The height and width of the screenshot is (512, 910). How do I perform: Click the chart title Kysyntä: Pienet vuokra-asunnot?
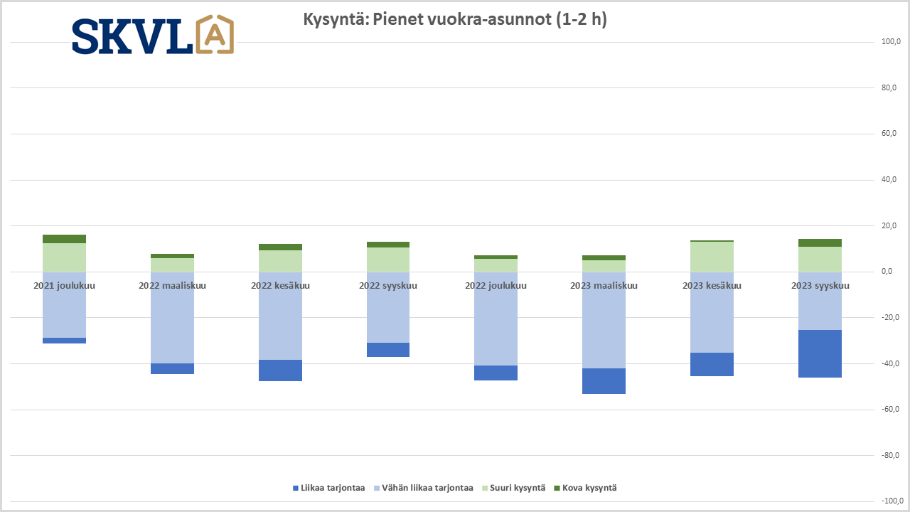[x=455, y=19]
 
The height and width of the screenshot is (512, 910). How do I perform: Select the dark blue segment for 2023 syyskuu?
[x=820, y=353]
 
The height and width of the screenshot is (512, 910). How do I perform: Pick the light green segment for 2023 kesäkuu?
[x=712, y=257]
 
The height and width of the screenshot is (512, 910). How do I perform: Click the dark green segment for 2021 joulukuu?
[x=64, y=239]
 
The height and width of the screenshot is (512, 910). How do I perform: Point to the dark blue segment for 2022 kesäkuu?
[x=280, y=370]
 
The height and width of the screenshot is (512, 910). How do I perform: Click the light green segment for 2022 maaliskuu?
[x=172, y=265]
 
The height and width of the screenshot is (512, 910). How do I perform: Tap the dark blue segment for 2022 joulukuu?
[x=496, y=373]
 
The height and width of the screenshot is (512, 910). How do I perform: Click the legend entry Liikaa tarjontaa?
[x=328, y=488]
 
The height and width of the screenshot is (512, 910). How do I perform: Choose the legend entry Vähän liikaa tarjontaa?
[x=422, y=488]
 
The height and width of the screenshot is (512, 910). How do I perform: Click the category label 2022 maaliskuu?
[x=172, y=286]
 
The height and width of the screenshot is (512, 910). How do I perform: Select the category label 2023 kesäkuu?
[x=712, y=286]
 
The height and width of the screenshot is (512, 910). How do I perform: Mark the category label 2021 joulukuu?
[x=64, y=286]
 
